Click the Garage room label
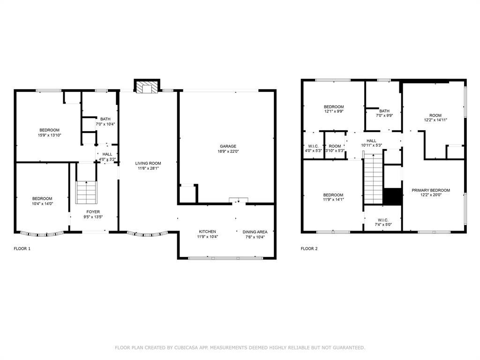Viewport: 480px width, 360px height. [228, 146]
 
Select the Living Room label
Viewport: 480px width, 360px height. [148, 164]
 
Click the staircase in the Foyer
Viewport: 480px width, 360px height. [86, 191]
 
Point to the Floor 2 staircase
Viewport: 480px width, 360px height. [374, 181]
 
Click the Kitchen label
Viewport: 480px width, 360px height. [207, 232]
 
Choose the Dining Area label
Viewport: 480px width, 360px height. [255, 232]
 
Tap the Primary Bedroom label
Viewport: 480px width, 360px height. [431, 190]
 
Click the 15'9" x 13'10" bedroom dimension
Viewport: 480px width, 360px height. [49, 135]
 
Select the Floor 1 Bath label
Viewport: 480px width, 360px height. [105, 119]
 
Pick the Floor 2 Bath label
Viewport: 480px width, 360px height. [384, 111]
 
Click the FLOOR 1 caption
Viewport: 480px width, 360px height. [22, 249]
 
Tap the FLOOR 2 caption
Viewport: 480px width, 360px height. [309, 249]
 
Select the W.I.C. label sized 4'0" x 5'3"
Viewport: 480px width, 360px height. [314, 146]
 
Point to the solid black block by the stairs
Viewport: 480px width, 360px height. [392, 196]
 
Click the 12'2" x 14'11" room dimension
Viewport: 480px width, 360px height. [435, 120]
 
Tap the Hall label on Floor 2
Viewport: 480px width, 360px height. [371, 141]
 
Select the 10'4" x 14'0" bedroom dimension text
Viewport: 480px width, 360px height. [42, 203]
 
